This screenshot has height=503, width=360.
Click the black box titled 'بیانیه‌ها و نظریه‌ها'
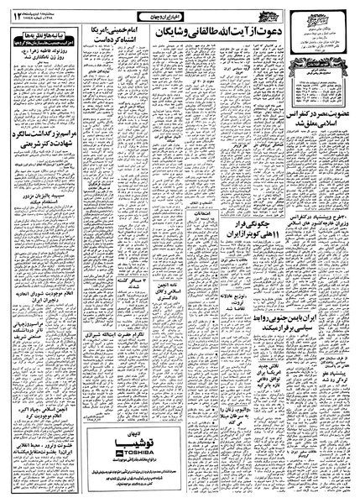tap(43, 38)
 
